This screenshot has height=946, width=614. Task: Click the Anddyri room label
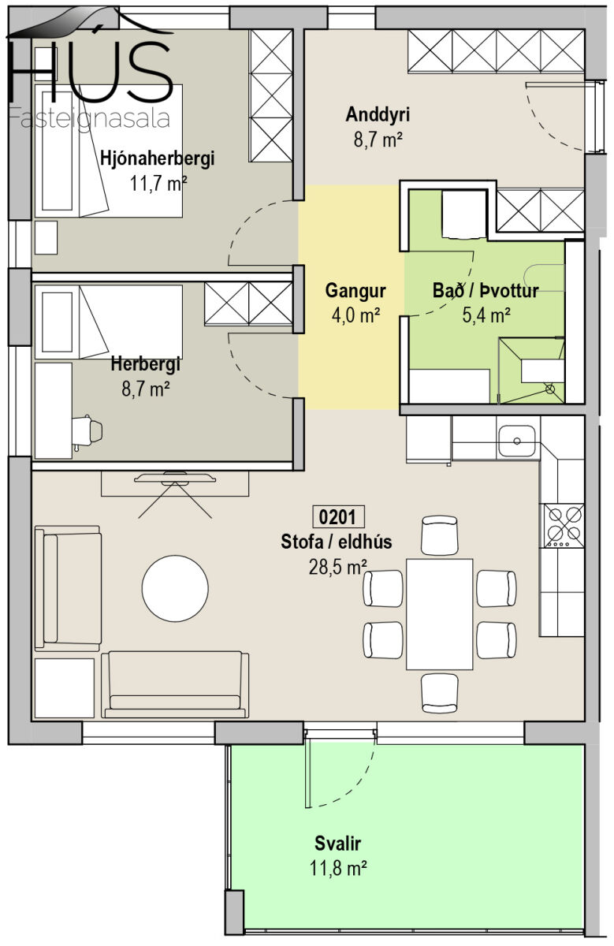coord(378,115)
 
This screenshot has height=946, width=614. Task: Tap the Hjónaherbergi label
coord(158,158)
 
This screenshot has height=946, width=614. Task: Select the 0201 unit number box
coord(337,517)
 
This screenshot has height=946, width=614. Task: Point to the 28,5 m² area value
coord(337,567)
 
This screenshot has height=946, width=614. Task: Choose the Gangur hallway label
coord(355,292)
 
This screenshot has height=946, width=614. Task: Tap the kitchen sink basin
coord(516,441)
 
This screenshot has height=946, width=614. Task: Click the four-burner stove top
coord(564,525)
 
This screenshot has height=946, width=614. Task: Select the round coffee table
coord(175,588)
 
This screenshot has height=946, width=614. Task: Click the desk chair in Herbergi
coord(87,430)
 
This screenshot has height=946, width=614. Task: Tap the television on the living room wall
coord(175,479)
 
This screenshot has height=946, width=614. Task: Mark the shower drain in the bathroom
coord(549,389)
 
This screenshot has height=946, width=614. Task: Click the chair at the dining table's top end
coord(440,535)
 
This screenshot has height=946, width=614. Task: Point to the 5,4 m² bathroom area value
coord(486,315)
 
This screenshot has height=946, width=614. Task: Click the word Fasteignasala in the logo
coord(89,118)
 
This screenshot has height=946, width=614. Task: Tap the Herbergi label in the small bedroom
coord(145,364)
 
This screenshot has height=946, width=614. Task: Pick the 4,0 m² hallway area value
coord(355,315)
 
